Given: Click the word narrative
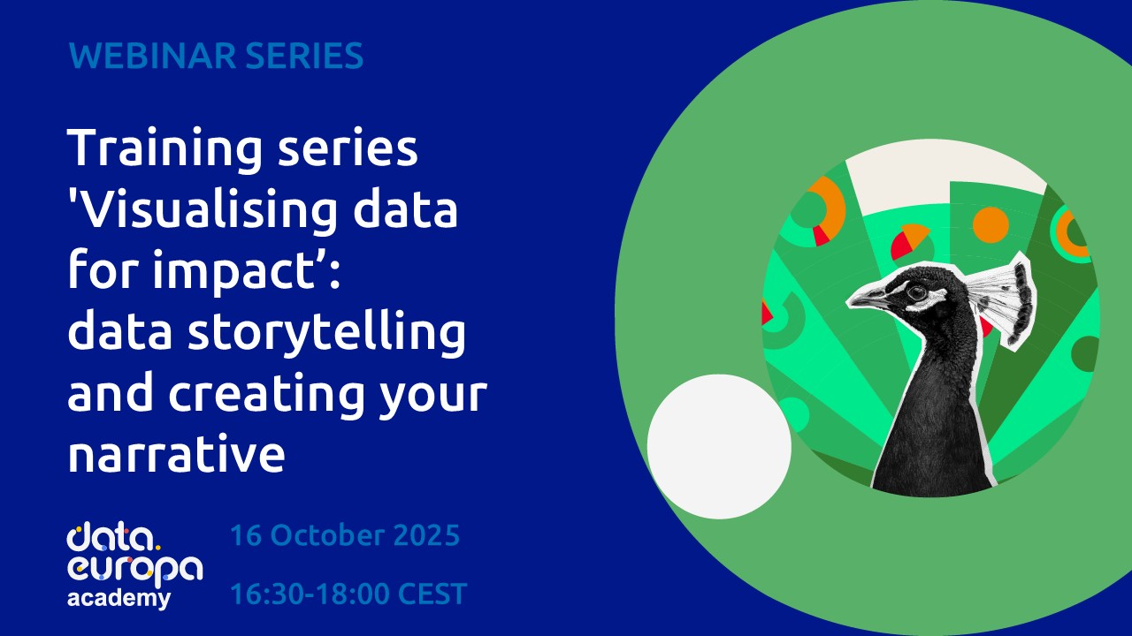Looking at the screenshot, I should coord(176,456).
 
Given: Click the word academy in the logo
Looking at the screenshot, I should coord(119,598).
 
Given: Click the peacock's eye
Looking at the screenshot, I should coord(916,291).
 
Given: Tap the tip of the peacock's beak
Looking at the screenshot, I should coord(849,303).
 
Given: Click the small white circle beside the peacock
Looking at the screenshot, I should coord(719,446).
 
